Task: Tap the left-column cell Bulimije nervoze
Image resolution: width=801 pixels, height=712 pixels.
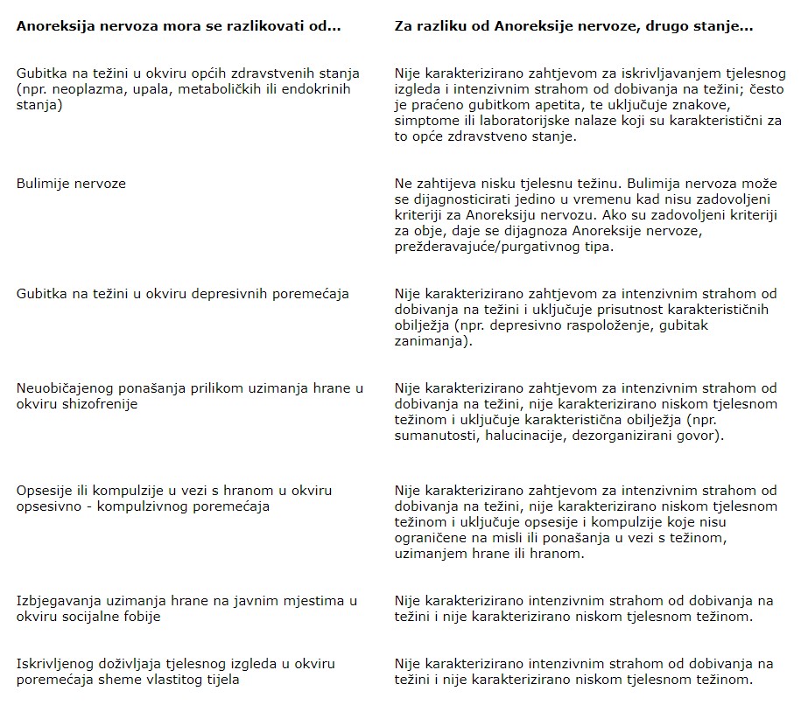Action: click(x=71, y=184)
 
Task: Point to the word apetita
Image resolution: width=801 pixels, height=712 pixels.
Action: click(x=558, y=106)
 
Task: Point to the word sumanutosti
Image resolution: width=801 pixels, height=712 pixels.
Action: click(x=433, y=435)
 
